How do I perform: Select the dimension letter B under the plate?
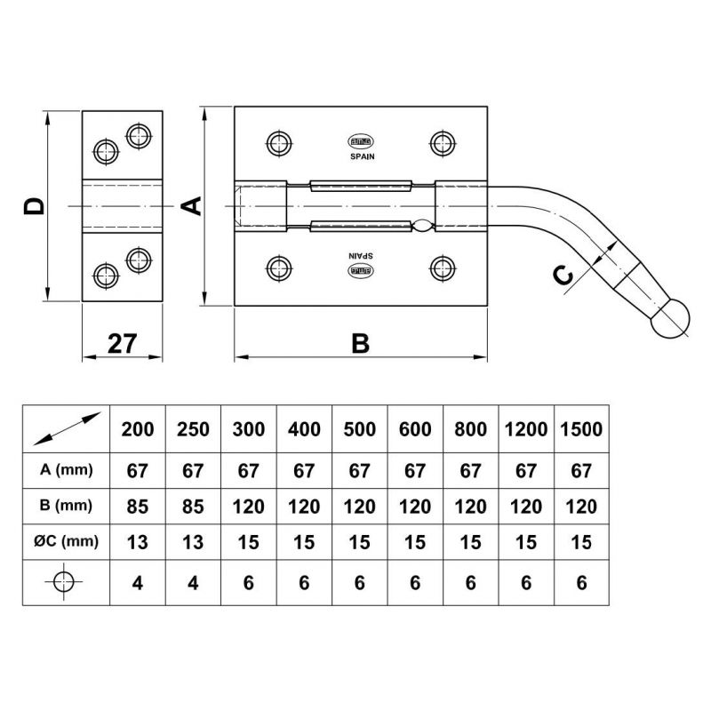(360, 343)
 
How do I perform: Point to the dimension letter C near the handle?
(563, 277)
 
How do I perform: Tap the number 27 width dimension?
(124, 343)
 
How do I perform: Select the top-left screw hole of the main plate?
(277, 142)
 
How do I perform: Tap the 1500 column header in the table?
(581, 428)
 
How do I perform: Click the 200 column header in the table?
(137, 428)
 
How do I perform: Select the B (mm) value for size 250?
(192, 506)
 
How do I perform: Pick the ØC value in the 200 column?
(137, 539)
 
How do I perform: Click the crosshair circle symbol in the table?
(64, 582)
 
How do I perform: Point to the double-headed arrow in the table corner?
(64, 428)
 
